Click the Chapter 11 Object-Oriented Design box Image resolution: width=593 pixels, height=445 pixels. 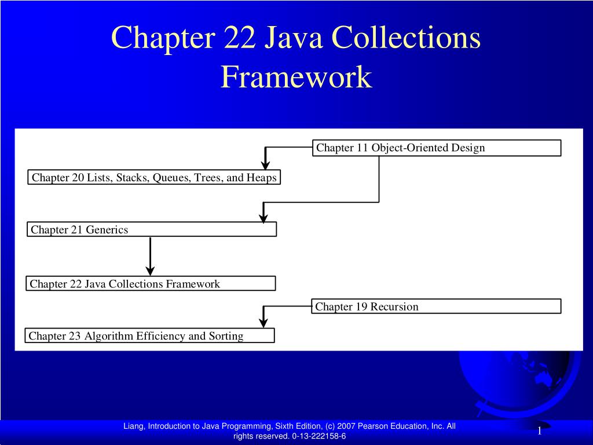pyautogui.click(x=437, y=148)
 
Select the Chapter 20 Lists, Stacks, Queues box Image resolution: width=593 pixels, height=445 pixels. pyautogui.click(x=154, y=177)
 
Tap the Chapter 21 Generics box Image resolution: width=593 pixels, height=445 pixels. pyautogui.click(x=152, y=229)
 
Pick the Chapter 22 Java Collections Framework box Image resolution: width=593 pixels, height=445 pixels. pyautogui.click(x=151, y=283)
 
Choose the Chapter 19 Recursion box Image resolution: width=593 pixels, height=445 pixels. pyautogui.click(x=436, y=306)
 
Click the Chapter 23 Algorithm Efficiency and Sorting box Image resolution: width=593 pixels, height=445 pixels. pyautogui.click(x=149, y=335)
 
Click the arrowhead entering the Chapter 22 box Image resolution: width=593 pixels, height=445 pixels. pyautogui.click(x=150, y=271)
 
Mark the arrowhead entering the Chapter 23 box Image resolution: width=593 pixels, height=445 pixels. pyautogui.click(x=263, y=323)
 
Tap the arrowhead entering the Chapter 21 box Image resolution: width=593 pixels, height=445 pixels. pyautogui.click(x=263, y=218)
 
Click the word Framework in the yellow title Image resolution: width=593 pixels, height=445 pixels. pyautogui.click(x=296, y=77)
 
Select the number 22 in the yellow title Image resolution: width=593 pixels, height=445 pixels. pyautogui.click(x=239, y=38)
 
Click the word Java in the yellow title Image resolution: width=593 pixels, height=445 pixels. pyautogui.click(x=293, y=38)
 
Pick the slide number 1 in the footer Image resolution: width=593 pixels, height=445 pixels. pyautogui.click(x=540, y=431)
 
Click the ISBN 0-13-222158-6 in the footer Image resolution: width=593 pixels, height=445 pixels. pyautogui.click(x=319, y=436)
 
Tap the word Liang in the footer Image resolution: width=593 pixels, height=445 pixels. pyautogui.click(x=134, y=426)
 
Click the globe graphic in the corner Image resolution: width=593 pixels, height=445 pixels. pyautogui.click(x=520, y=382)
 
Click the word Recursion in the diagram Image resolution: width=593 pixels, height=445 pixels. pyautogui.click(x=394, y=307)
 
